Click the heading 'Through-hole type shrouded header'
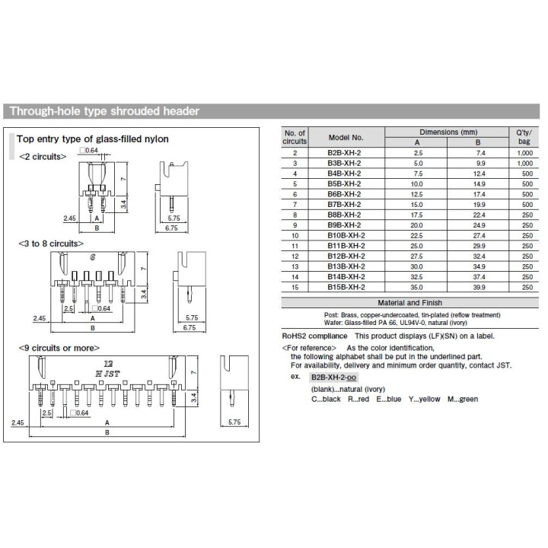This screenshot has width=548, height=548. (104, 111)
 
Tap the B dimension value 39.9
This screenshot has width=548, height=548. (477, 287)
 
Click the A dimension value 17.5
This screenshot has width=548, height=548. (417, 215)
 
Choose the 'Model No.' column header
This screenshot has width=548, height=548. (346, 137)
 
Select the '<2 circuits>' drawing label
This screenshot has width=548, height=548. (43, 156)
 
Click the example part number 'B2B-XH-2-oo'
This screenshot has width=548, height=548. (333, 378)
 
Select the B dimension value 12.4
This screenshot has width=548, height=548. (477, 174)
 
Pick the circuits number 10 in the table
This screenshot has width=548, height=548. (295, 235)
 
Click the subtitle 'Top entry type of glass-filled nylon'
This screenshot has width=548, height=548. (93, 139)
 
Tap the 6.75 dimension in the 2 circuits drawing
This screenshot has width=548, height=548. (171, 228)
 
